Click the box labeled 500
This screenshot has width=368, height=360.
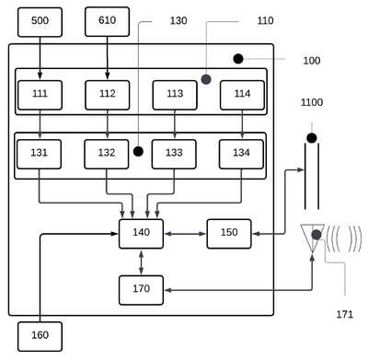[x=40, y=22]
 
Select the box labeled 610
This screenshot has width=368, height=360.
[x=108, y=22]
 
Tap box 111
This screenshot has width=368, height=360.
[x=40, y=95]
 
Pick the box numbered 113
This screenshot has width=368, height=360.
[x=175, y=95]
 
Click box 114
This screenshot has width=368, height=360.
[x=242, y=95]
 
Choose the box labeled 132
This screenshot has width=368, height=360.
[x=107, y=155]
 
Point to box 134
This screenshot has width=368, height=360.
[x=241, y=155]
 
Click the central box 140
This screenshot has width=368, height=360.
[x=141, y=234]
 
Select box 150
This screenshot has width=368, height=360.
[x=229, y=234]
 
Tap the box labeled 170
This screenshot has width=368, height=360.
[x=141, y=290]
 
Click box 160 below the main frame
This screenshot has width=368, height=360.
[x=40, y=337]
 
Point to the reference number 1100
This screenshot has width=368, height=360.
[x=312, y=102]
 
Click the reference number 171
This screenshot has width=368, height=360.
[x=345, y=314]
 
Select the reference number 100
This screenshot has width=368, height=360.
[x=312, y=61]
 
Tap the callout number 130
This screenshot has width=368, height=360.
[x=178, y=20]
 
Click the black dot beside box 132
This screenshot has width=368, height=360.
[x=138, y=151]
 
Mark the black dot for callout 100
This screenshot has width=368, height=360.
[x=238, y=59]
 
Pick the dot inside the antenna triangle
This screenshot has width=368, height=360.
[x=316, y=235]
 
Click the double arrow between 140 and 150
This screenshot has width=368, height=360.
[x=185, y=234]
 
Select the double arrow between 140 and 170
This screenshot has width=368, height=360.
[x=141, y=262]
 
